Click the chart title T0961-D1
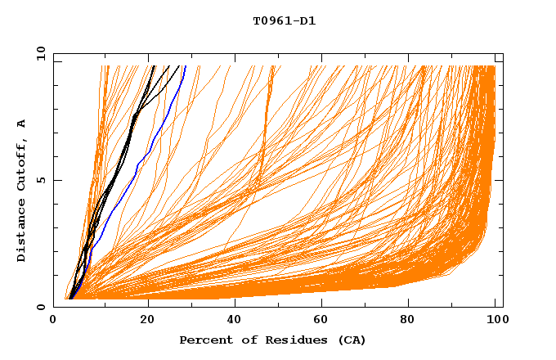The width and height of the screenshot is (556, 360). (284, 21)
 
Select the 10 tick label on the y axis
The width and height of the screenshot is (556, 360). (39, 53)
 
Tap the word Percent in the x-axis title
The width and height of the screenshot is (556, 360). (205, 340)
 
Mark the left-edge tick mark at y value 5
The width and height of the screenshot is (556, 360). (56, 180)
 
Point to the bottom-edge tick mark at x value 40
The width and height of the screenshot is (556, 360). (235, 304)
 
